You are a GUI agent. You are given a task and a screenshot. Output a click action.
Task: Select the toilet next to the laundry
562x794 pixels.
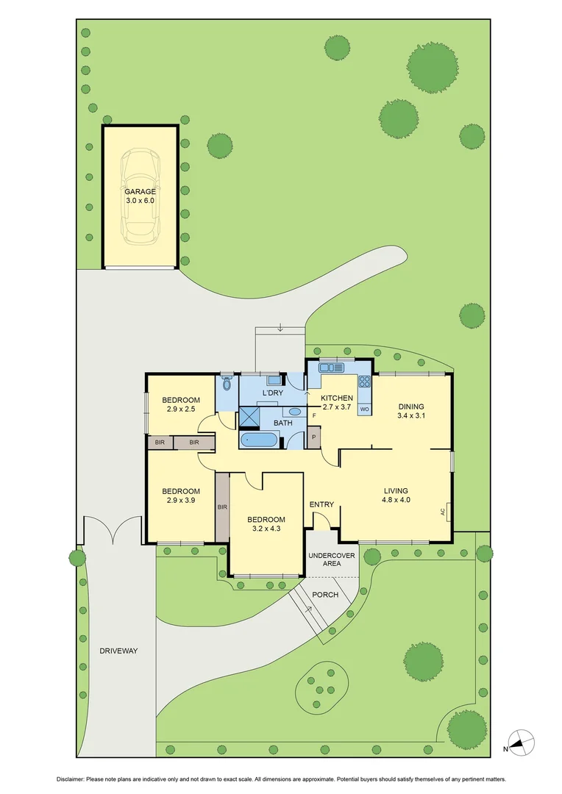pyautogui.click(x=227, y=384)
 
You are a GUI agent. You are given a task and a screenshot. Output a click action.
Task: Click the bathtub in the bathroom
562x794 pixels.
pyautogui.click(x=258, y=440)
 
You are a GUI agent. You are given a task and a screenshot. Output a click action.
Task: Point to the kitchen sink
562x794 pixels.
pyautogui.click(x=327, y=368)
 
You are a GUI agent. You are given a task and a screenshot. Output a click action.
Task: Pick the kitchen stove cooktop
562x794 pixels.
pyautogui.click(x=364, y=382)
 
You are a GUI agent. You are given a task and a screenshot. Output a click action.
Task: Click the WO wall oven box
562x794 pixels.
pyautogui.click(x=364, y=408)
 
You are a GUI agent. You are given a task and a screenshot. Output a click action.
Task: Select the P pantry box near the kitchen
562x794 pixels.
pyautogui.click(x=314, y=437)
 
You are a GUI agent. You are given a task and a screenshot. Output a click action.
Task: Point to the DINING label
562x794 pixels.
pyautogui.click(x=411, y=406)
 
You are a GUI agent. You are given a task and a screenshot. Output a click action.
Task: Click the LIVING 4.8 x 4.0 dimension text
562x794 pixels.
pyautogui.click(x=396, y=500)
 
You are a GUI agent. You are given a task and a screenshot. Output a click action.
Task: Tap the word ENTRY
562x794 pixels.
pyautogui.click(x=321, y=504)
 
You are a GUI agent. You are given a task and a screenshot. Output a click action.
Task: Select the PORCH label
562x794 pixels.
pyautogui.click(x=324, y=594)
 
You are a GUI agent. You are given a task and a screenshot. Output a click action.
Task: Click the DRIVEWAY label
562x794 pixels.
pyautogui.click(x=118, y=651)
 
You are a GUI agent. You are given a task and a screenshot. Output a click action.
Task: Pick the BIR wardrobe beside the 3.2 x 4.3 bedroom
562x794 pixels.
pyautogui.click(x=221, y=507)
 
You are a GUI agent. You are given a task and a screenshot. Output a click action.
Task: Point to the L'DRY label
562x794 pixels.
pyautogui.click(x=273, y=393)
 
